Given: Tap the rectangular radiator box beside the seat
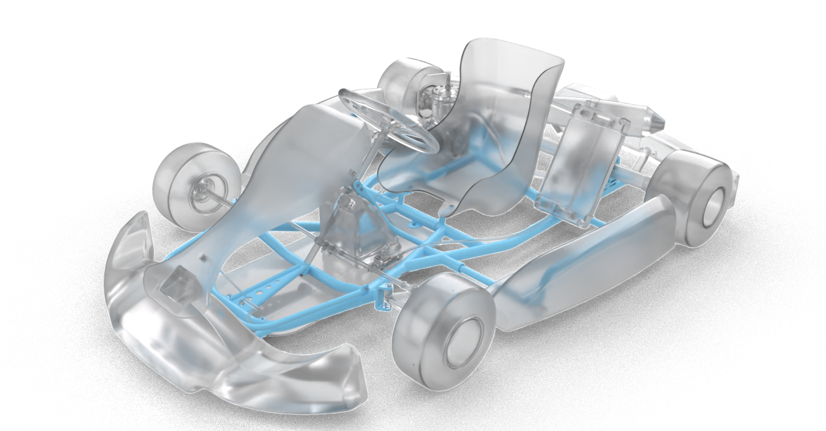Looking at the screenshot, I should [580, 169].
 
